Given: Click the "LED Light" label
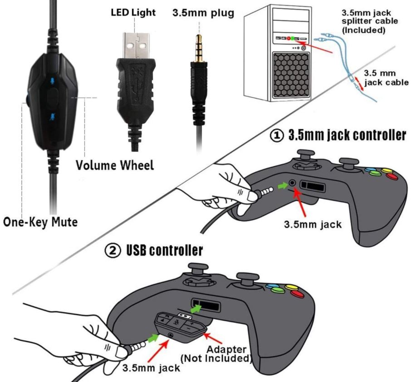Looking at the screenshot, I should coord(133,13).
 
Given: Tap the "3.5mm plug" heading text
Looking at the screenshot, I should coord(203,13).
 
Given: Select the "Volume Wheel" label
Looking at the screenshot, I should coord(115,164).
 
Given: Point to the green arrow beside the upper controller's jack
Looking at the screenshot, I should coord(282,184).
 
